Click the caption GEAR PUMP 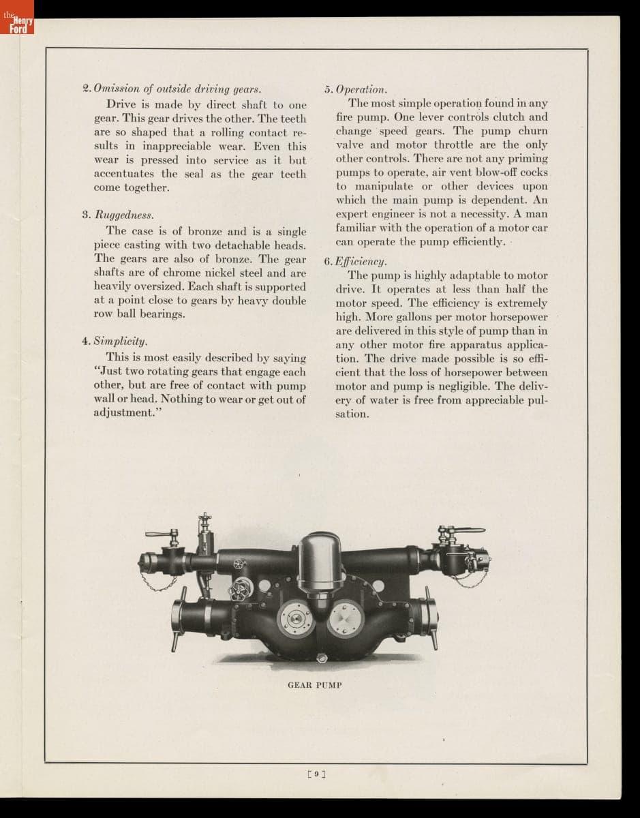click(x=314, y=684)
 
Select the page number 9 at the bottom click(x=318, y=774)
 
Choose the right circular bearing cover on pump click(x=346, y=616)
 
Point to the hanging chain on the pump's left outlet click(x=158, y=583)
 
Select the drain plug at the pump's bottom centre click(x=321, y=657)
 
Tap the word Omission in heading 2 click(x=116, y=89)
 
